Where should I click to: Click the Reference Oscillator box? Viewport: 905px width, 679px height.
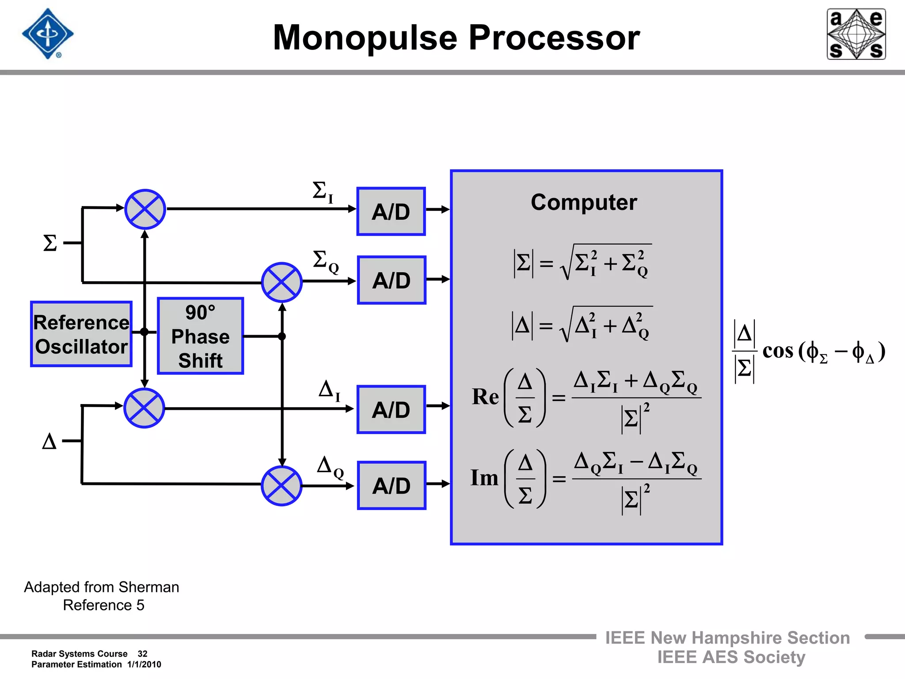point(81,334)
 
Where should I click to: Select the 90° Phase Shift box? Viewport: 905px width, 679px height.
point(200,336)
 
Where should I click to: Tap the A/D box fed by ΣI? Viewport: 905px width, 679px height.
point(391,211)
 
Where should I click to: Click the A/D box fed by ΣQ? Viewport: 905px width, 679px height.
point(392,280)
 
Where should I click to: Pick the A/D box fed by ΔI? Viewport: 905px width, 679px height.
point(391,409)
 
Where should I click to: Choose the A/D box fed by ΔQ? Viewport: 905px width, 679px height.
point(392,485)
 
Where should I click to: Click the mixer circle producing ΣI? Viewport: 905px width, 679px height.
point(145,209)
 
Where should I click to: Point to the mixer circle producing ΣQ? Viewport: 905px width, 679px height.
point(281,282)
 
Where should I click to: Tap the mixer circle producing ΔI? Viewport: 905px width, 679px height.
point(144,408)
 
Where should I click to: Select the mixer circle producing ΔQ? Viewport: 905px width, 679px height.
point(281,485)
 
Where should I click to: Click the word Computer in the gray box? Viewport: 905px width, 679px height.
point(584,202)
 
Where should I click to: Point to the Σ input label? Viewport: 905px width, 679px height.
point(50,243)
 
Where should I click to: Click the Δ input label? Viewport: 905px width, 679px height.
point(49,441)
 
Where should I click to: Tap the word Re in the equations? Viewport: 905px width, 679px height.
point(485,397)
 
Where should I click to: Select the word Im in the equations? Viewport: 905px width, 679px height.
point(484,478)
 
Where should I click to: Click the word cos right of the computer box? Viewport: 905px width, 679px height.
point(778,351)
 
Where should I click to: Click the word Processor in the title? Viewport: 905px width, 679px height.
point(554,38)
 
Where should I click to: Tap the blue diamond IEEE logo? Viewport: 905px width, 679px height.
point(48,34)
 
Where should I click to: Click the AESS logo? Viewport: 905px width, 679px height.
point(856,34)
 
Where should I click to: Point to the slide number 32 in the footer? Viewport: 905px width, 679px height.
point(142,654)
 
